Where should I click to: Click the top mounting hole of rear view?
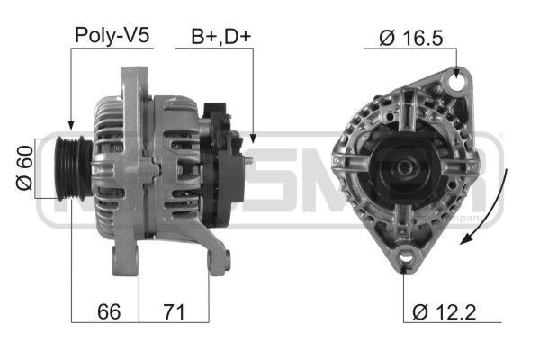461,84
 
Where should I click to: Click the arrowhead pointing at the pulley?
71,127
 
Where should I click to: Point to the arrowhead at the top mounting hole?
460,72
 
